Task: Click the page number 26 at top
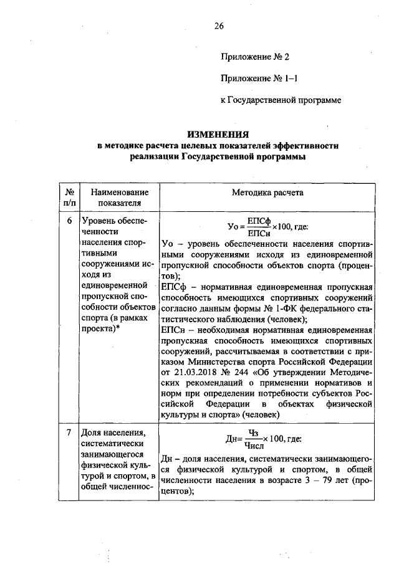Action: coord(218,26)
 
